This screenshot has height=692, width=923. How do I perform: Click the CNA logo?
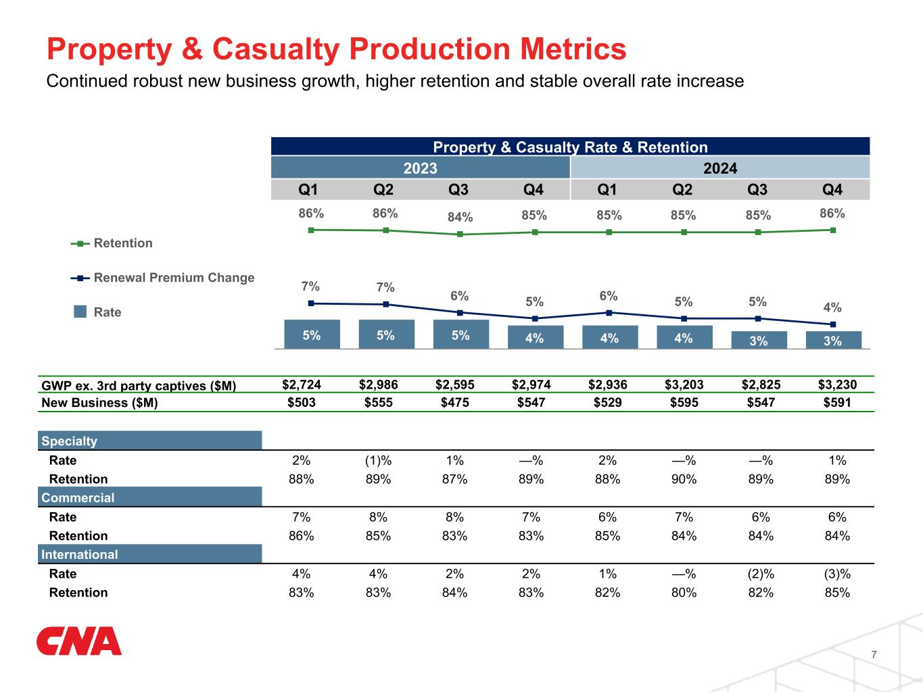pyautogui.click(x=79, y=641)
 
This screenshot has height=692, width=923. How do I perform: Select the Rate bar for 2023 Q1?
pyautogui.click(x=312, y=335)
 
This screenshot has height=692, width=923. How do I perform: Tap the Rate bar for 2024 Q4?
pyautogui.click(x=832, y=341)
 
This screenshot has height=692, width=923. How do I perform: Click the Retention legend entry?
pyautogui.click(x=112, y=243)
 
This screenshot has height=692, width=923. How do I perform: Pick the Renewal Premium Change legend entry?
pyautogui.click(x=162, y=278)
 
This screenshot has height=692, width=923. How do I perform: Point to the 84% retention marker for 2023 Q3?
pyautogui.click(x=460, y=234)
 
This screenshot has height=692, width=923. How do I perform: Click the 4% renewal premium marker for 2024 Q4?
pyautogui.click(x=832, y=324)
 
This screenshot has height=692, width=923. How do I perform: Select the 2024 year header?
pyautogui.click(x=720, y=168)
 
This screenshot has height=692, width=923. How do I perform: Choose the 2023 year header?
pyautogui.click(x=421, y=168)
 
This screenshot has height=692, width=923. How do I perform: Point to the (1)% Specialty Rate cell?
pyautogui.click(x=378, y=460)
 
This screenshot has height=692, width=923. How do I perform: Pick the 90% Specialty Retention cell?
pyautogui.click(x=684, y=479)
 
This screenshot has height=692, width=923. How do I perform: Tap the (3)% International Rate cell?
pyautogui.click(x=837, y=574)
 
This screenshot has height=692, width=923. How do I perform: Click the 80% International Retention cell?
pyautogui.click(x=684, y=593)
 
